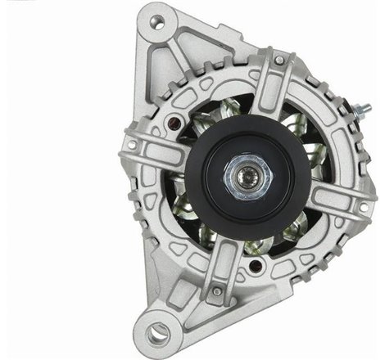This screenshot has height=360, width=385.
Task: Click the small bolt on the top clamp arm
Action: pos(279,60)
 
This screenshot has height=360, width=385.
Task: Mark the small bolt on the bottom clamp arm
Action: pos(216,290)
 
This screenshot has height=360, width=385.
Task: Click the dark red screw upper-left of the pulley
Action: pos(174,123)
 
